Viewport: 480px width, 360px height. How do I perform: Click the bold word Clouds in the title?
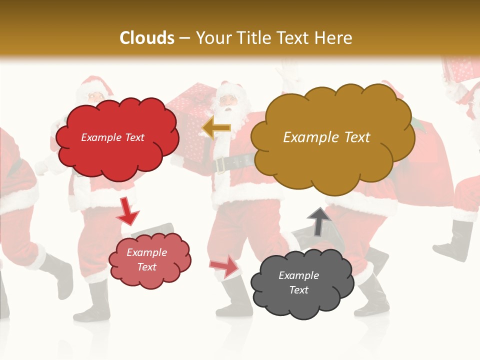pyautogui.click(x=146, y=38)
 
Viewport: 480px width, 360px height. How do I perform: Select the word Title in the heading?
pyautogui.click(x=253, y=38)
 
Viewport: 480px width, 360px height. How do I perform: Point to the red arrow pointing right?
pyautogui.click(x=224, y=265)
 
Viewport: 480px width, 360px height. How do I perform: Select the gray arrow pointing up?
pyautogui.click(x=319, y=220)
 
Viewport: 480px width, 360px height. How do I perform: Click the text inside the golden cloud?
pyautogui.click(x=326, y=137)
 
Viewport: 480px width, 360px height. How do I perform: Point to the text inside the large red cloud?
pyautogui.click(x=112, y=137)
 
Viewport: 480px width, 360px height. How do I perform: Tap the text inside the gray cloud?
pyautogui.click(x=298, y=282)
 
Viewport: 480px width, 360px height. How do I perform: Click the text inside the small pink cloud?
pyautogui.click(x=146, y=259)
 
